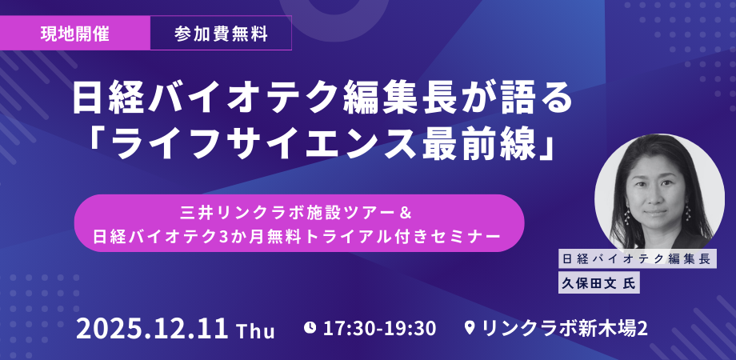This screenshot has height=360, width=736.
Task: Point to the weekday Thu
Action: (255, 330)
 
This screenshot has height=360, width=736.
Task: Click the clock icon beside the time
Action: (310, 327)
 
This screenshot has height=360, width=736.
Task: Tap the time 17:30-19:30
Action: (379, 328)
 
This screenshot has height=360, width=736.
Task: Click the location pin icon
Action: (469, 328)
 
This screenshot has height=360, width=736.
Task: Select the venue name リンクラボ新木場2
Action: (564, 328)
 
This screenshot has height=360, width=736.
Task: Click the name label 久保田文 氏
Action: (600, 282)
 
